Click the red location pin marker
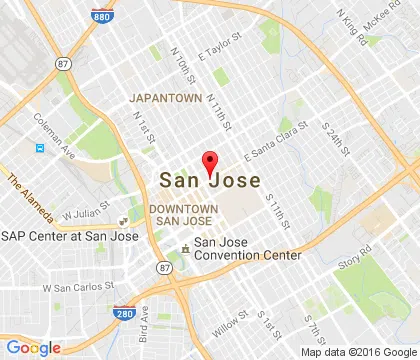[x=210, y=163]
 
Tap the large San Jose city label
[x=210, y=181]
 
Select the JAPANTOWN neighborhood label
[x=165, y=99]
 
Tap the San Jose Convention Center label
[x=246, y=248]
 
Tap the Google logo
[x=32, y=346]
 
